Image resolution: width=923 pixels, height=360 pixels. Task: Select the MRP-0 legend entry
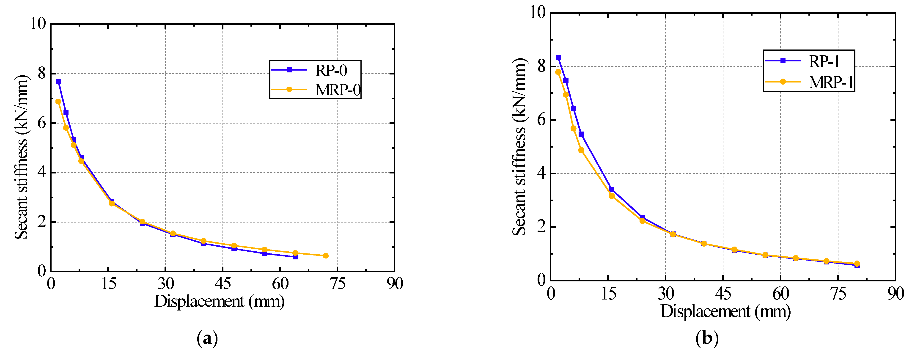(x=315, y=90)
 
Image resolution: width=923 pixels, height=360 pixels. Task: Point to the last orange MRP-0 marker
(x=326, y=256)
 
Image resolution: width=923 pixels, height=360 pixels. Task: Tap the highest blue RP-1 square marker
(x=558, y=58)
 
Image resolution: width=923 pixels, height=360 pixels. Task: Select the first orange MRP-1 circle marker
(x=558, y=72)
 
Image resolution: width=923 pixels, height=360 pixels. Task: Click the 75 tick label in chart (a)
(x=338, y=284)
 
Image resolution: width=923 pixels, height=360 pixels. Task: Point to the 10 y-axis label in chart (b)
(x=537, y=13)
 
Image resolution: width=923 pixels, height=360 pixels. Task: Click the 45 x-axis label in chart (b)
(x=723, y=294)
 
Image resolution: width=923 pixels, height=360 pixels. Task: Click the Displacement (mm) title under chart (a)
(x=219, y=301)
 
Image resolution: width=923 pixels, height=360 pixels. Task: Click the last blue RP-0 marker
(x=295, y=257)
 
